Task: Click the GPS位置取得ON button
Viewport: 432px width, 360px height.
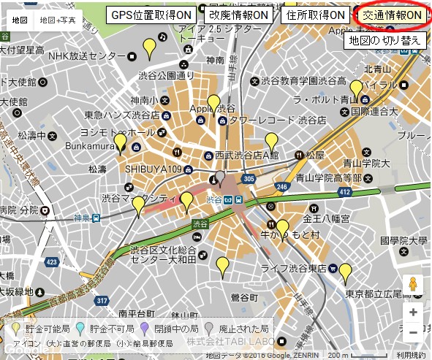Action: pyautogui.click(x=151, y=15)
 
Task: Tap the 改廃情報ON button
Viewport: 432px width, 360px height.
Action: pyautogui.click(x=238, y=15)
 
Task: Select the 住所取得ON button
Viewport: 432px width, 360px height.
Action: pyautogui.click(x=316, y=15)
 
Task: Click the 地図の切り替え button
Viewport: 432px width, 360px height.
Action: pyautogui.click(x=384, y=40)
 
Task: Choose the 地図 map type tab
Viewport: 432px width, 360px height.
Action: pyautogui.click(x=20, y=20)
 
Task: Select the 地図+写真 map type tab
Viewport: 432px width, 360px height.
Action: pyautogui.click(x=57, y=20)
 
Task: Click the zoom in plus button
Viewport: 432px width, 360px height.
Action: pyautogui.click(x=414, y=312)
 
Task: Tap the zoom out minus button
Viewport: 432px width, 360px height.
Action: pyautogui.click(x=414, y=332)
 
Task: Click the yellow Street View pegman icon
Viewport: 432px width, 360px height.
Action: pyautogui.click(x=414, y=284)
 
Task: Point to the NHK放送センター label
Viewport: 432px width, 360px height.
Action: pyautogui.click(x=86, y=55)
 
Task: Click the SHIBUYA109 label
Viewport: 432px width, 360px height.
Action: pyautogui.click(x=153, y=168)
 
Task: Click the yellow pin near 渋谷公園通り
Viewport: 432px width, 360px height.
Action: pyautogui.click(x=149, y=49)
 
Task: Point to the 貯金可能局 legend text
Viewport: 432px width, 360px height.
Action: pyautogui.click(x=48, y=329)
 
